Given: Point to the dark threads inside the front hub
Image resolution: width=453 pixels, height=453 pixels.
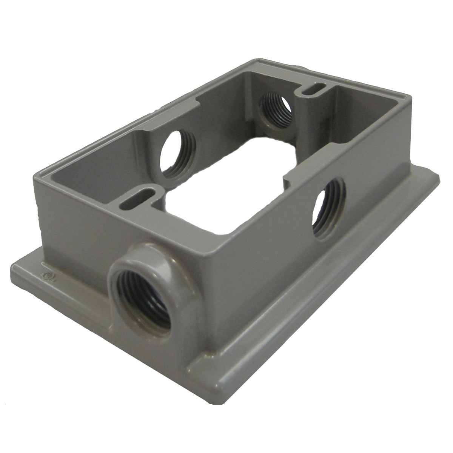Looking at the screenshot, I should click(151, 302).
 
